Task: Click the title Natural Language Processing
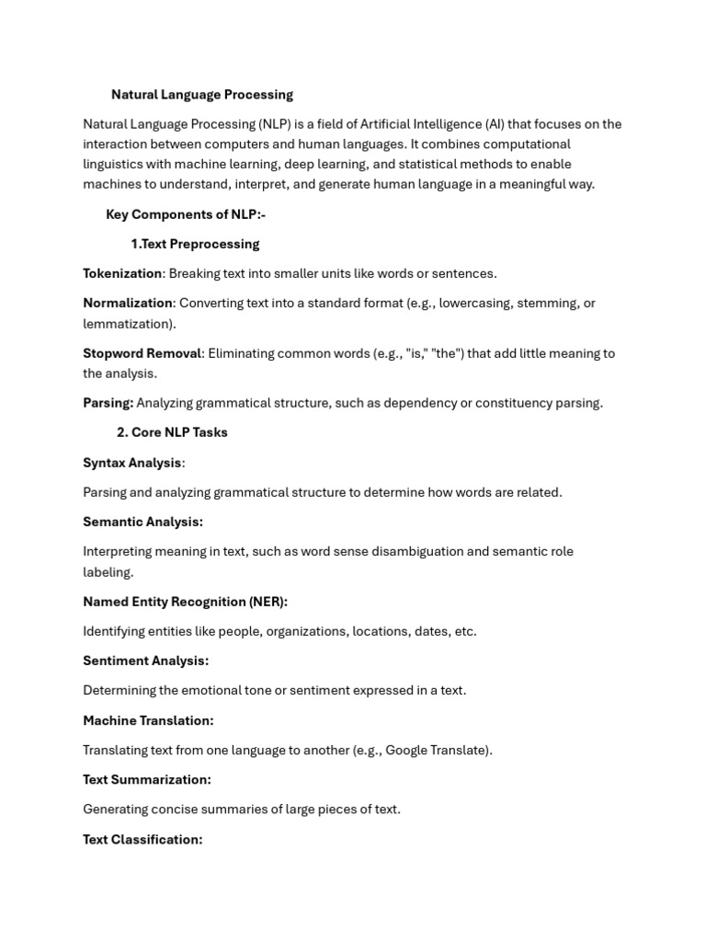[x=202, y=95]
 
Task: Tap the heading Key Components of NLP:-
[x=186, y=214]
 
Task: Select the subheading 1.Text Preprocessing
[x=195, y=244]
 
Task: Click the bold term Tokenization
[x=122, y=273]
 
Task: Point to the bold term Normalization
[x=128, y=303]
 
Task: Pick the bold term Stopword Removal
[x=142, y=353]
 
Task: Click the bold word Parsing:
[x=108, y=403]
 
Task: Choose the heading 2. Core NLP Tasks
[x=172, y=432]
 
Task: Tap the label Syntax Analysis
[x=132, y=463]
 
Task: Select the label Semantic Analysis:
[x=142, y=522]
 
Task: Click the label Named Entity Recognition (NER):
[x=185, y=602]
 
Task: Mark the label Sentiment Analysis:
[x=145, y=661]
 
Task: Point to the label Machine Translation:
[x=148, y=720]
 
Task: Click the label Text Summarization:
[x=147, y=779]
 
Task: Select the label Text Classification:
[x=142, y=839]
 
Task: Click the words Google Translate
[x=437, y=750]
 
